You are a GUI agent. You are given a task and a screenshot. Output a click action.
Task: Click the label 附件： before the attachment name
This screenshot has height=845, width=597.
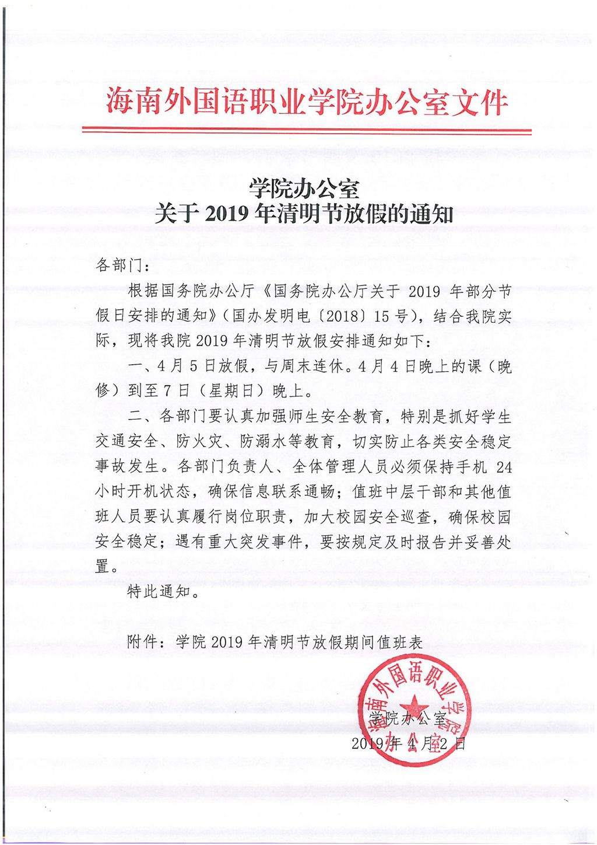(x=143, y=643)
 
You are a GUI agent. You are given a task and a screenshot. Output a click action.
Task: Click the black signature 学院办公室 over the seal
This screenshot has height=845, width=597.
(x=408, y=718)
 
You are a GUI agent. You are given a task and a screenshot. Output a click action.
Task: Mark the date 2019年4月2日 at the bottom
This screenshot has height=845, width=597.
(x=409, y=743)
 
